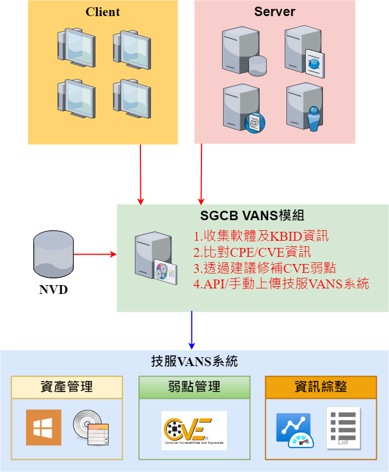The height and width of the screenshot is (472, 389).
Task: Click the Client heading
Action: [x=103, y=12]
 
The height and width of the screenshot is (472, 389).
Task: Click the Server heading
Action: [x=275, y=12]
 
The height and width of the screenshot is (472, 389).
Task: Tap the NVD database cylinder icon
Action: [x=53, y=255]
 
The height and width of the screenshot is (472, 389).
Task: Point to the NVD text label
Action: [x=53, y=290]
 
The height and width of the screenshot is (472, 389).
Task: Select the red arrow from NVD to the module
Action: [x=95, y=255]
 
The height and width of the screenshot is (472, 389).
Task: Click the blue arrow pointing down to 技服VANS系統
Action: [x=191, y=330]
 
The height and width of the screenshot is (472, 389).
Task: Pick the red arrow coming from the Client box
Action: [x=140, y=175]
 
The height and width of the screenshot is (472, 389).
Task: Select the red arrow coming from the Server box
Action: [x=201, y=174]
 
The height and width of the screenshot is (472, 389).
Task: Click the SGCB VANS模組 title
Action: [x=252, y=216]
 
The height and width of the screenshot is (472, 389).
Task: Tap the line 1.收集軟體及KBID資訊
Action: [x=261, y=236]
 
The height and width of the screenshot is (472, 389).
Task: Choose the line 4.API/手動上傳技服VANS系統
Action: [x=281, y=283]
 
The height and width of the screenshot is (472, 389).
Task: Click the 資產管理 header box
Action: [x=67, y=387]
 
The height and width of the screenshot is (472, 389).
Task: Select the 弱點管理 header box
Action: [x=194, y=387]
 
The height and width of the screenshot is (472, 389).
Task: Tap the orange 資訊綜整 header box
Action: [x=321, y=387]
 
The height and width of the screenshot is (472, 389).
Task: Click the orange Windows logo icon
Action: [x=44, y=428]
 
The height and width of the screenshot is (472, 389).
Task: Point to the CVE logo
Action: [x=194, y=430]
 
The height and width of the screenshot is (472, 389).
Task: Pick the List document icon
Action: [x=344, y=428]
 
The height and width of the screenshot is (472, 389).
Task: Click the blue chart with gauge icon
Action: [x=295, y=430]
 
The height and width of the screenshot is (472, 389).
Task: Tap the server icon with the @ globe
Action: [x=244, y=108]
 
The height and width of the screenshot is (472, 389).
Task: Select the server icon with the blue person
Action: [x=305, y=107]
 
